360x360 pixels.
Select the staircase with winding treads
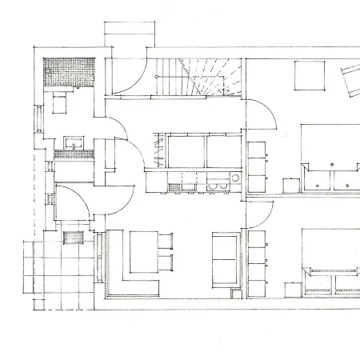pyautogui.click(x=196, y=78)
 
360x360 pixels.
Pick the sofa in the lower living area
pyautogui.click(x=225, y=258)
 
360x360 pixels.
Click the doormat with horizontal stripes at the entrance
pyautogui.click(x=73, y=239)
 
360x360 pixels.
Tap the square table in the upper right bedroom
pyautogui.click(x=309, y=77)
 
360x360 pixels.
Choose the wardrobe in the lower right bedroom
pyautogui.click(x=258, y=256)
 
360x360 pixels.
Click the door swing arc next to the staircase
pyautogui.click(x=128, y=72)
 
